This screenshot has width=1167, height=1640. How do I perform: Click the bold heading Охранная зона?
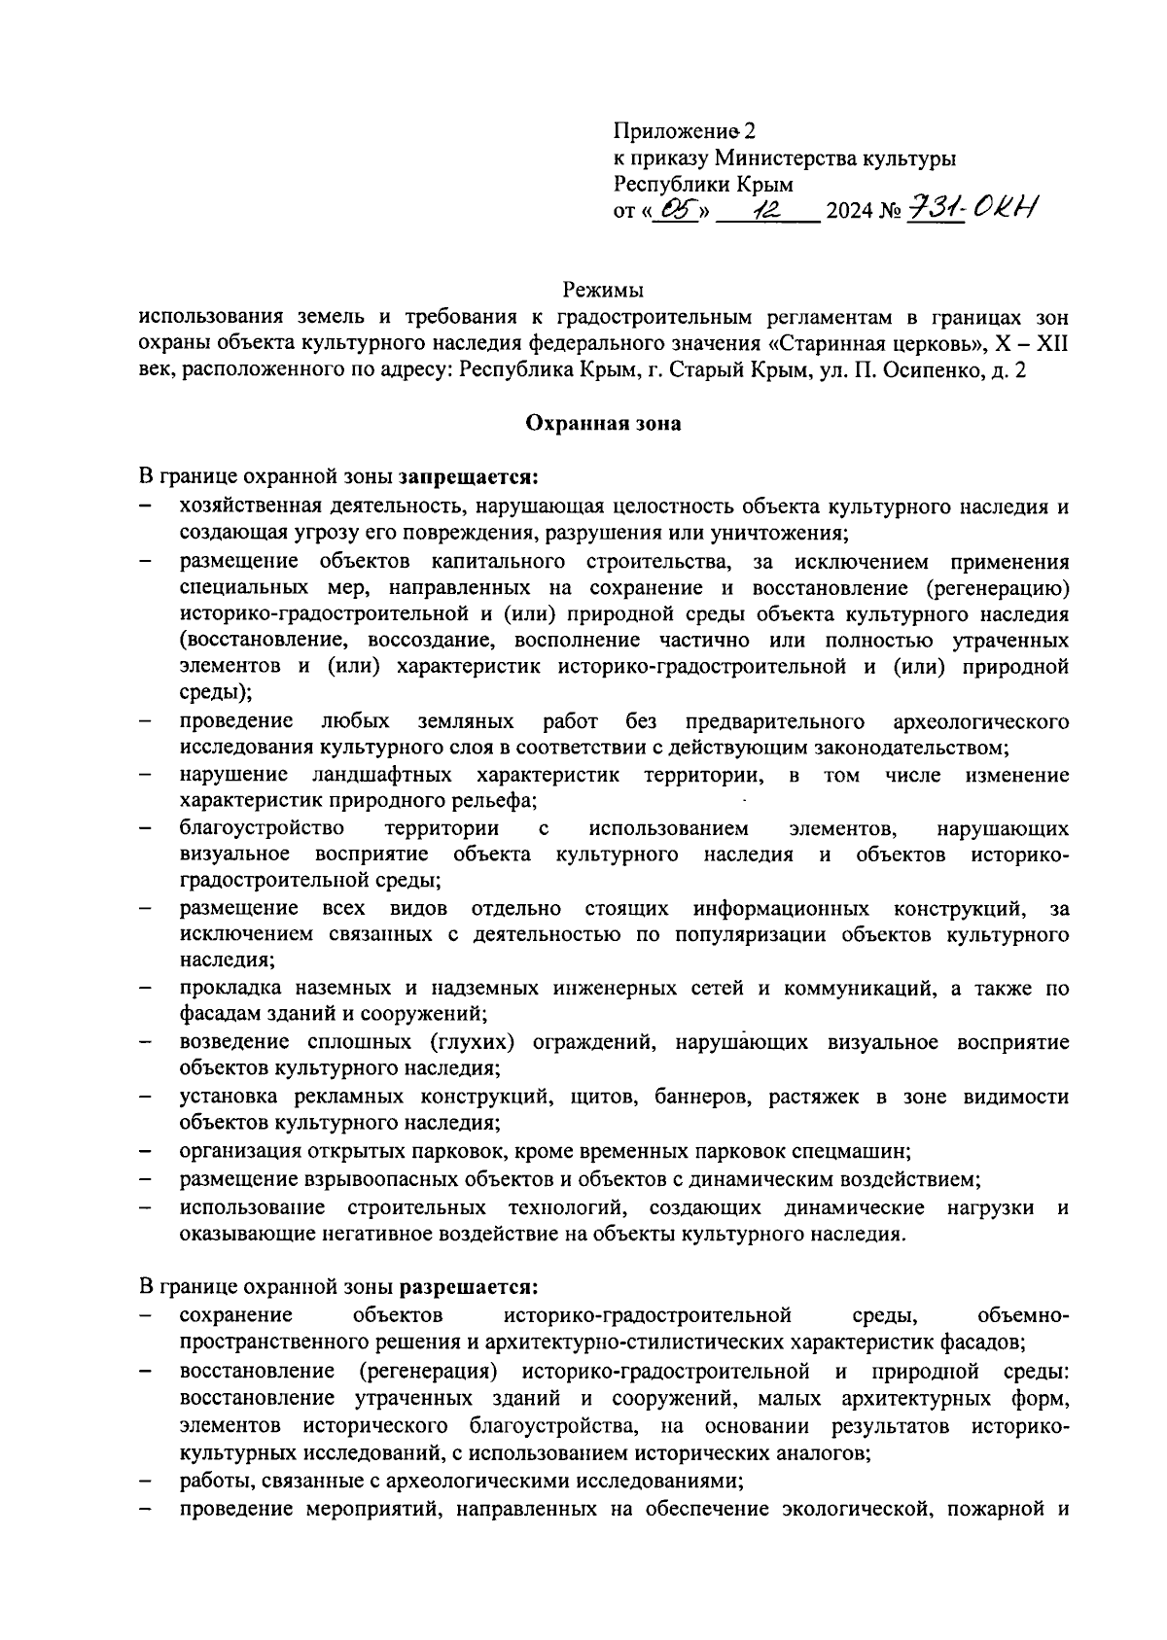[603, 423]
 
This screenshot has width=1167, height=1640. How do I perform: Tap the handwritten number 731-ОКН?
[972, 208]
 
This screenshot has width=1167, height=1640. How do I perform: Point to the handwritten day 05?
[676, 209]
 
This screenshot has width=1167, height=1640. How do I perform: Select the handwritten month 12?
[768, 209]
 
